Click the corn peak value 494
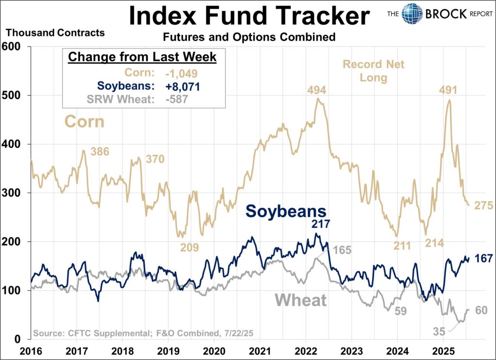316,90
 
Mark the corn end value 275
483,206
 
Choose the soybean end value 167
483,258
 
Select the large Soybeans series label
285,211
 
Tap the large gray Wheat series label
300,300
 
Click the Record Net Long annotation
373,71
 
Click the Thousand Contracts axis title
55,33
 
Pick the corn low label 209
189,248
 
